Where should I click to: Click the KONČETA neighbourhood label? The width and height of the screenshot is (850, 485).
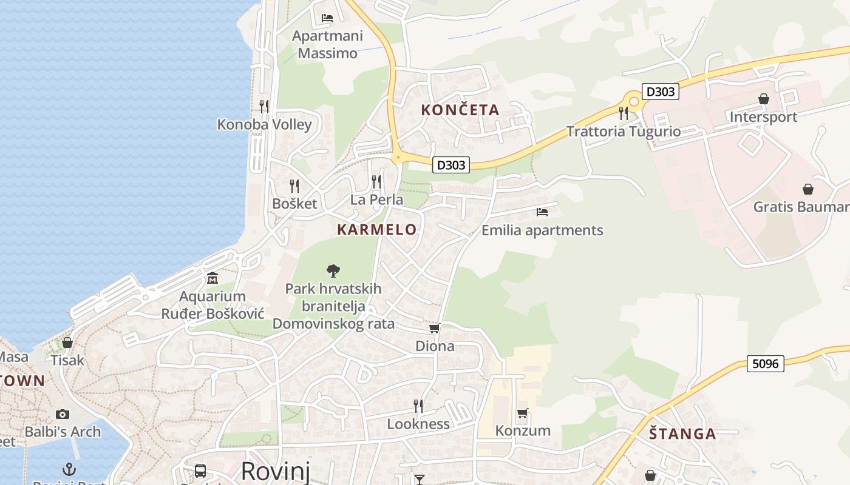click(460, 110)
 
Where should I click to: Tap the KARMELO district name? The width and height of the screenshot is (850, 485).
click(377, 229)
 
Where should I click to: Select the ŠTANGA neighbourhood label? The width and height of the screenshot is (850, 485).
click(682, 433)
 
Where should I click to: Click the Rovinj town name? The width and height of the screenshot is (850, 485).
click(276, 470)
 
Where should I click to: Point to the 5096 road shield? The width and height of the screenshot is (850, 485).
click(765, 363)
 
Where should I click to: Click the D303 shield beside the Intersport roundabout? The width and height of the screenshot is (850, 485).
click(660, 92)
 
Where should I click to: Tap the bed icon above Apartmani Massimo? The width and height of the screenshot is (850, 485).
click(327, 18)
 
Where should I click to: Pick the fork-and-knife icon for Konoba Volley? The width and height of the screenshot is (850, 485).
click(264, 107)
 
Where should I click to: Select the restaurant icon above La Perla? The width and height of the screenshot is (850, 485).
click(376, 181)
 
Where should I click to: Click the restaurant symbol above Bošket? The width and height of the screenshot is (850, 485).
click(294, 186)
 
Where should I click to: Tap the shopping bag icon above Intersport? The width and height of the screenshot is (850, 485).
click(764, 98)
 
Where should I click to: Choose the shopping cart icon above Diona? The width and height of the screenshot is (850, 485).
click(434, 328)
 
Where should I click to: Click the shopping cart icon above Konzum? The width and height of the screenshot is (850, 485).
click(522, 413)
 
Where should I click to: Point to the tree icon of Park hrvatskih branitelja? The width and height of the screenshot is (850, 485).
click(333, 270)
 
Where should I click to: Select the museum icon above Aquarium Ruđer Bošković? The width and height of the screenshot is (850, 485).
click(212, 278)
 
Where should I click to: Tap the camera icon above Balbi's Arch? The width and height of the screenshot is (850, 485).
click(62, 414)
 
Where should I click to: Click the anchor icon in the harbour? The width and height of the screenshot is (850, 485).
click(69, 469)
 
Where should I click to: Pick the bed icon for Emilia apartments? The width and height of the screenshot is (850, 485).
click(542, 212)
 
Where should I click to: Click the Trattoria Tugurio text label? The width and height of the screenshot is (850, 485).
click(624, 132)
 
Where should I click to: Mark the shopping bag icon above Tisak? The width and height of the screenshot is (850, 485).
click(67, 342)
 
